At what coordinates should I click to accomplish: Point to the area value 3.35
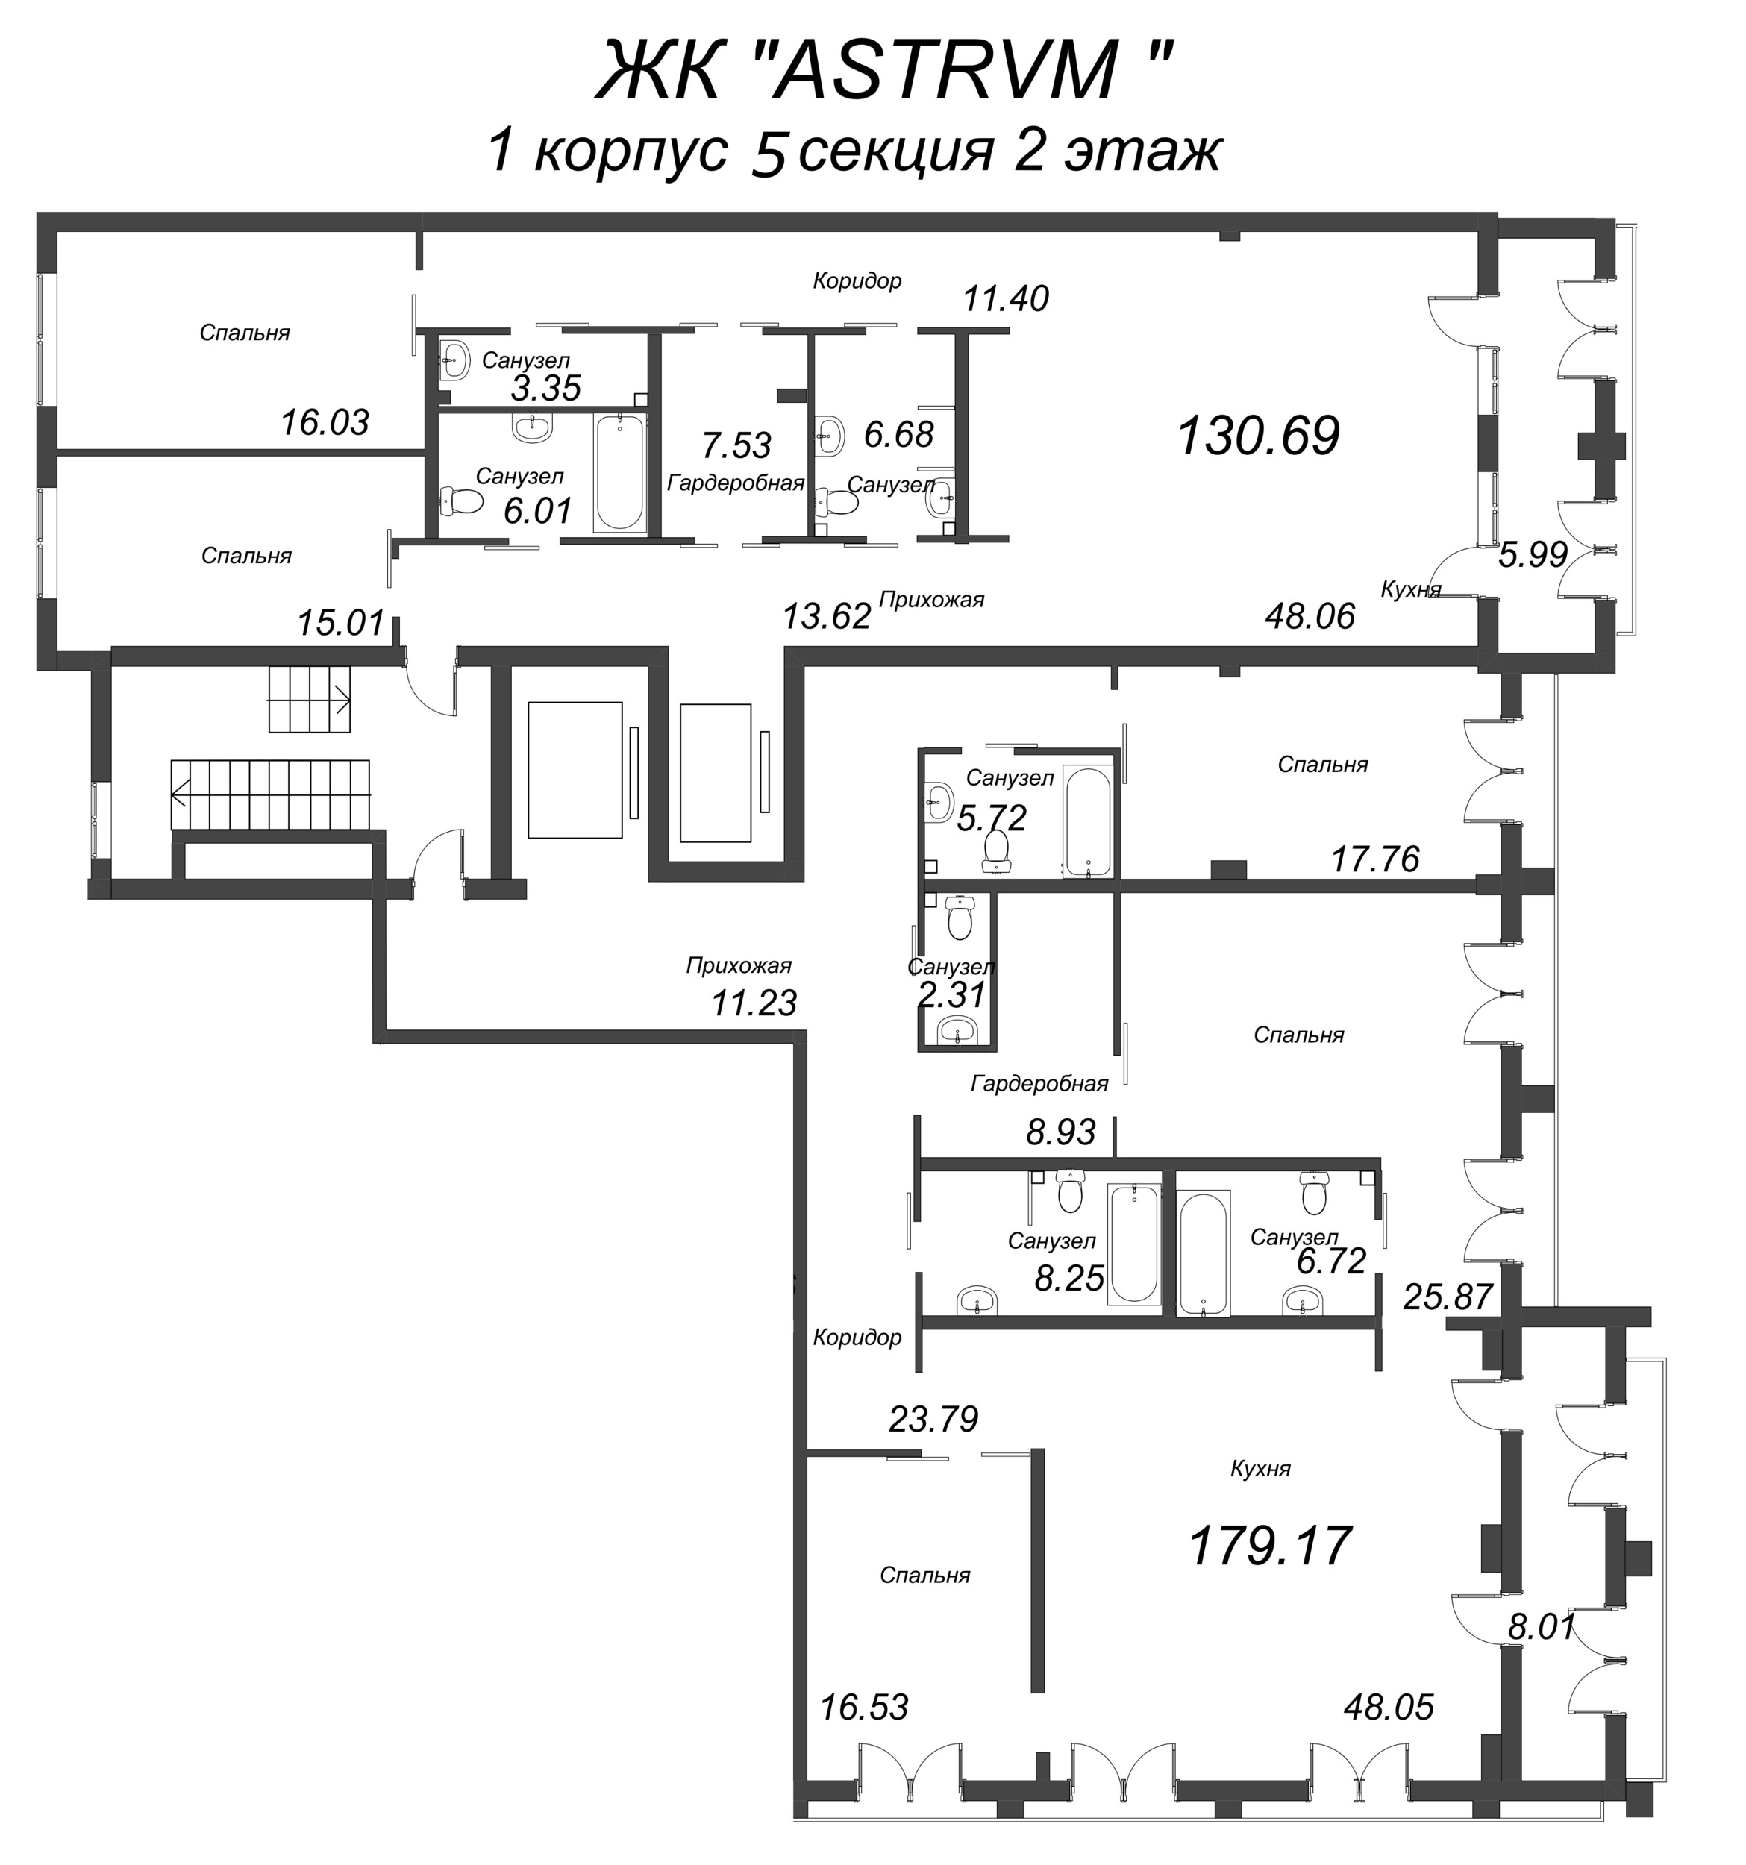(x=546, y=387)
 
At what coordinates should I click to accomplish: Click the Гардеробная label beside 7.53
(x=736, y=483)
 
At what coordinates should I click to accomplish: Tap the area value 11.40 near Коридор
(x=1005, y=299)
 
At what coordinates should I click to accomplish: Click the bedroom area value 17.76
(x=1375, y=859)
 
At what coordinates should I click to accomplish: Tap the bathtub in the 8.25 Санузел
(x=1133, y=1243)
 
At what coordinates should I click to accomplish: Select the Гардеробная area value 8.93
(x=1060, y=1132)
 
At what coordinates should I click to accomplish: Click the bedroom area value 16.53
(x=864, y=1706)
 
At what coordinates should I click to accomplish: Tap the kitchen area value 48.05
(x=1389, y=1706)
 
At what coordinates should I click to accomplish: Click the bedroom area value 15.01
(x=340, y=623)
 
